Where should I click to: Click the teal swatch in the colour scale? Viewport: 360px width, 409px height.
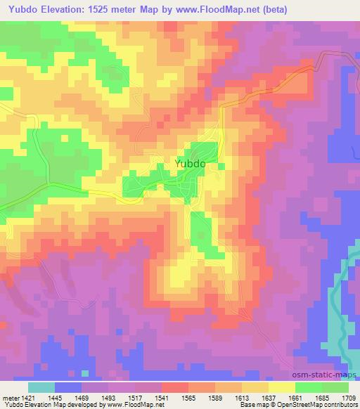pos(41,387)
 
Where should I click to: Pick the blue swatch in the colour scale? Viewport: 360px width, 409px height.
pos(68,387)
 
